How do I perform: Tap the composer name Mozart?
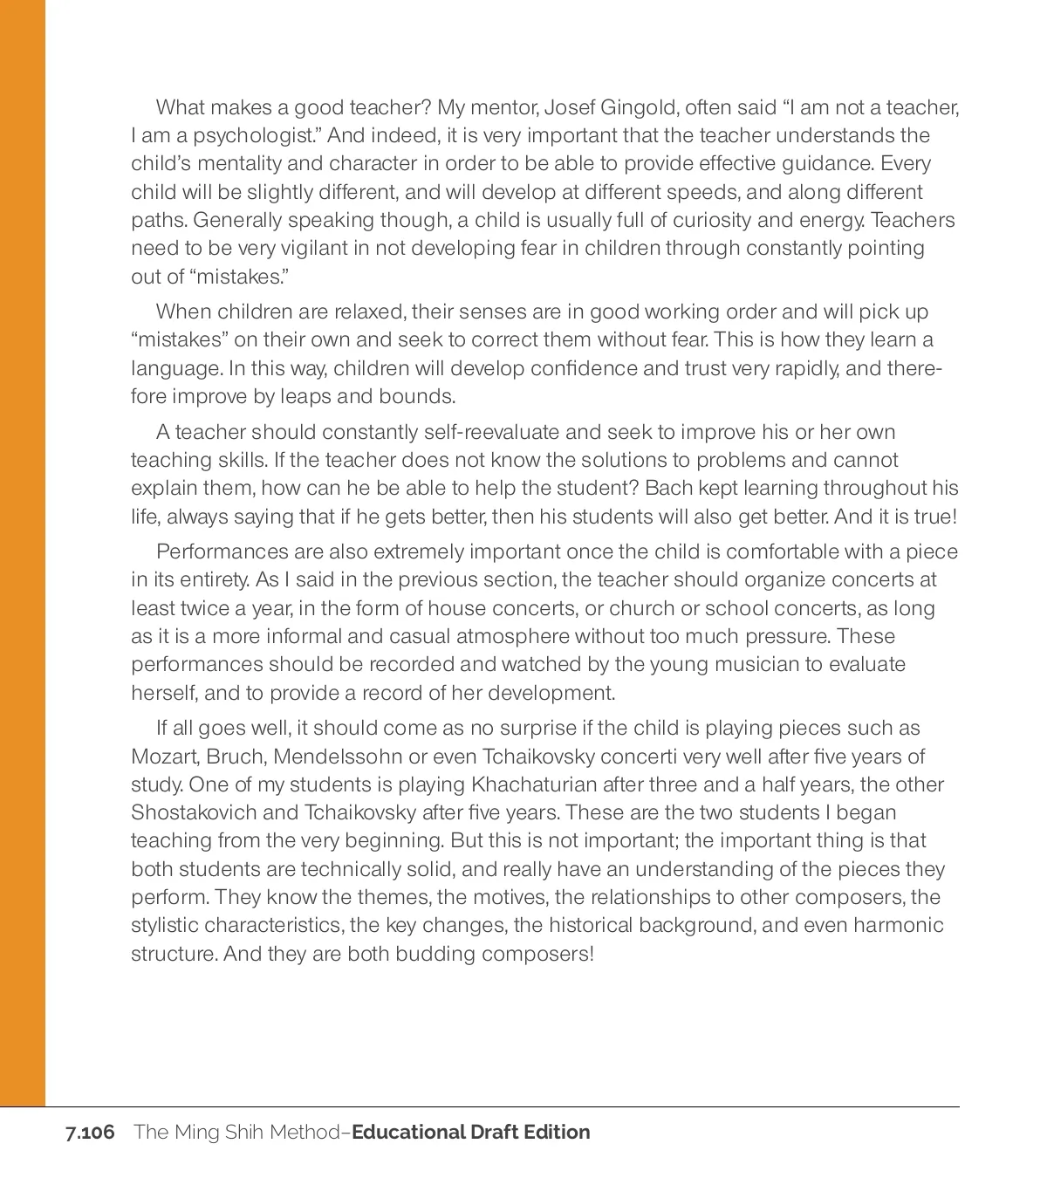[x=164, y=757]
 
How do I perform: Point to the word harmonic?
[x=900, y=925]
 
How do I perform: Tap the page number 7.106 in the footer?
[x=90, y=1133]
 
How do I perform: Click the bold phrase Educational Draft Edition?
[x=471, y=1133]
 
